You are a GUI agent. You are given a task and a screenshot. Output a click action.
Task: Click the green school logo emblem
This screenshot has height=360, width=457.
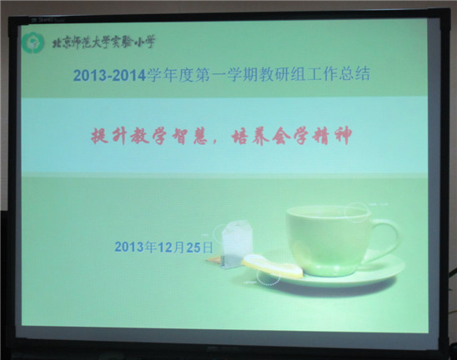tap(33, 43)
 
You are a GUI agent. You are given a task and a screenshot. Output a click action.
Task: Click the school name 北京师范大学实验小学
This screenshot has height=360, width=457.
tap(103, 42)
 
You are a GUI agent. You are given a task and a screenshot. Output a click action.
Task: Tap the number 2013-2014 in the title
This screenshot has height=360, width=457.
tap(109, 76)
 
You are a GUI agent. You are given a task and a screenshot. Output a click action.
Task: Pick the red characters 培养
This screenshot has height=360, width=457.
tap(249, 136)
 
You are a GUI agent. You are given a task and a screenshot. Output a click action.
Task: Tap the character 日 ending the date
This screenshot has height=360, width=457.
tap(207, 247)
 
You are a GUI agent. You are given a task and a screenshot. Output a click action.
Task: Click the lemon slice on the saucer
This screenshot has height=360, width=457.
tap(272, 266)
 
